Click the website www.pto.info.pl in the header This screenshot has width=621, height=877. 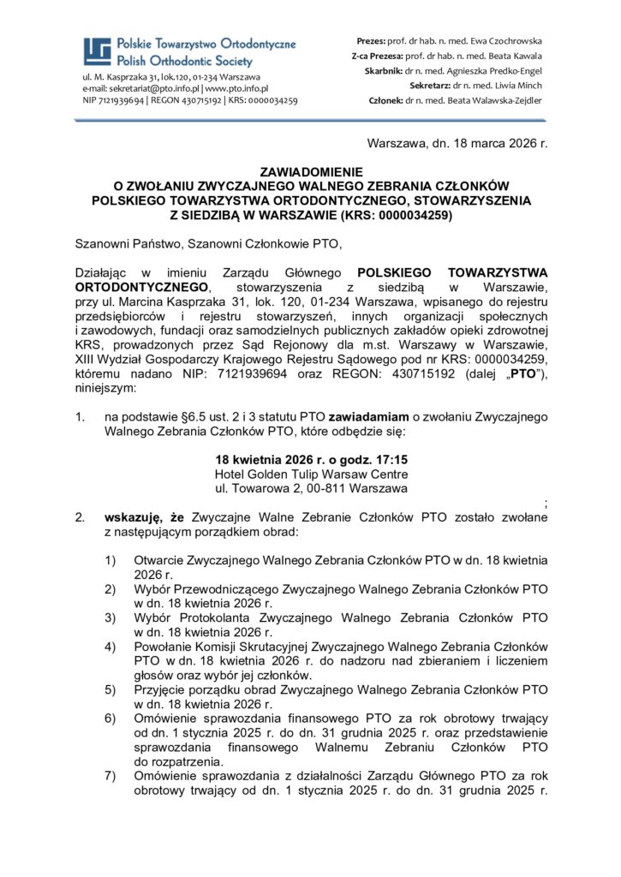pos(236,88)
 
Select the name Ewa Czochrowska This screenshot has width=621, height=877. pos(504,41)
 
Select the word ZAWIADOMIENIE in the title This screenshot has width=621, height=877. pos(310,171)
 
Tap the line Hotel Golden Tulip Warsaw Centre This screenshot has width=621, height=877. pos(310,474)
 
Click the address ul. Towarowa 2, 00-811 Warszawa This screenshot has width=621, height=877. pos(310,489)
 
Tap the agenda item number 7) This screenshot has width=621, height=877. pos(110,775)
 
